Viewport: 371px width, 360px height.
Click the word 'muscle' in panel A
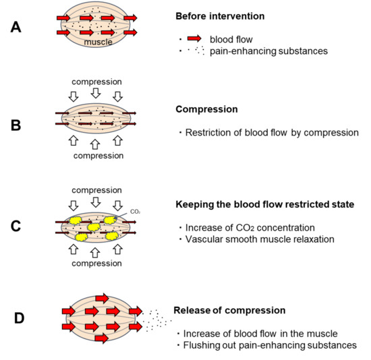tap(96, 42)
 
